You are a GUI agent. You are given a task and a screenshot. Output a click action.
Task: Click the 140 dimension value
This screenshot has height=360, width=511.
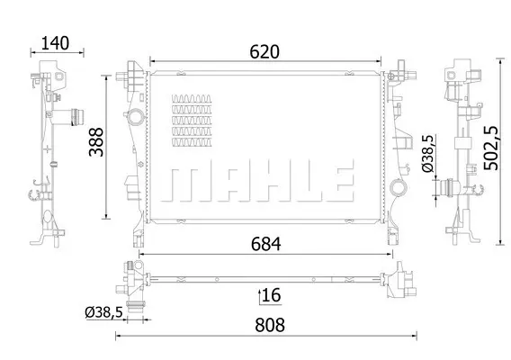click(x=55, y=43)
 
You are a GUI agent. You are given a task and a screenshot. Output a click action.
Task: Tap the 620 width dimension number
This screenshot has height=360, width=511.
click(x=264, y=52)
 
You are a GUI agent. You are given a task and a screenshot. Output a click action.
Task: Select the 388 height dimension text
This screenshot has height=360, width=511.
click(x=96, y=142)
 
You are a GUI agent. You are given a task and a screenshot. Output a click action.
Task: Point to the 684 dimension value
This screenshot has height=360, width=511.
click(x=266, y=244)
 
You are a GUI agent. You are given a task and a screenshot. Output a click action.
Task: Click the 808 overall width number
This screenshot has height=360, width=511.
click(x=270, y=325)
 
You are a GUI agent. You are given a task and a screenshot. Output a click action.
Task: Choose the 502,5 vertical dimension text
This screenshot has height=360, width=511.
click(x=491, y=148)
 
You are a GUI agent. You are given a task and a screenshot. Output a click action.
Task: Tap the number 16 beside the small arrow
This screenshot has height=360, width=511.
click(x=271, y=295)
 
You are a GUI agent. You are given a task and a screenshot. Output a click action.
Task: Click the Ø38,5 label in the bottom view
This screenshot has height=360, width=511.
click(x=104, y=312)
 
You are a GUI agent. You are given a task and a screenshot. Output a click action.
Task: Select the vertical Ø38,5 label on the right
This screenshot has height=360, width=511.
click(x=428, y=153)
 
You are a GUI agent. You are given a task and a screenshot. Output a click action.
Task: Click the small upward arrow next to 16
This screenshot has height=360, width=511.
click(x=260, y=296)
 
